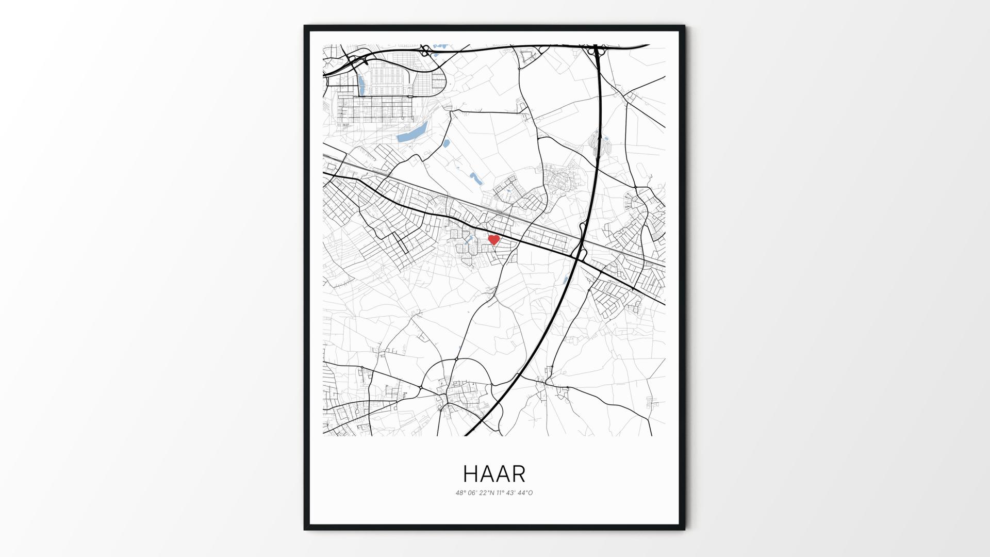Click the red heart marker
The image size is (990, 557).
(494, 240)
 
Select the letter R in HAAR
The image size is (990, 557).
(518, 473)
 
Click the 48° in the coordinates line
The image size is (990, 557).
(460, 493)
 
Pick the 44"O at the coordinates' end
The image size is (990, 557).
(527, 493)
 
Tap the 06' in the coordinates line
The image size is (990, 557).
(473, 493)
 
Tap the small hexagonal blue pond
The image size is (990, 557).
(446, 143)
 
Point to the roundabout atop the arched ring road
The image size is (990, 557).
(456, 359)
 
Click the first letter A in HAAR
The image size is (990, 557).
(486, 473)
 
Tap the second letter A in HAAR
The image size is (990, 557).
(502, 473)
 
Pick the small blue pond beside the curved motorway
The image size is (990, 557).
(566, 281)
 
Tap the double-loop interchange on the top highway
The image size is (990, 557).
(425, 51)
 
